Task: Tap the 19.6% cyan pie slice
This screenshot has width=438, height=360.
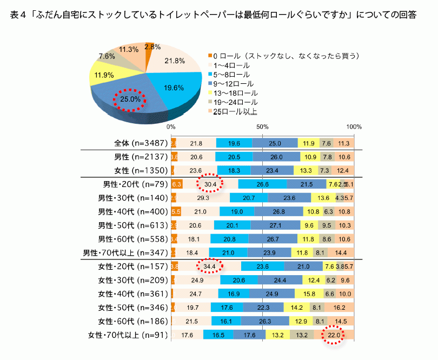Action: coord(174,87)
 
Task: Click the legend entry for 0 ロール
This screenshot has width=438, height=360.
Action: coord(284,55)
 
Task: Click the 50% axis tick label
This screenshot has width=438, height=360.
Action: coord(262,126)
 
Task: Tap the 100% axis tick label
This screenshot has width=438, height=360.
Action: coord(354,126)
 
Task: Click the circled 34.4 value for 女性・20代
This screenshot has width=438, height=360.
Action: coord(209,266)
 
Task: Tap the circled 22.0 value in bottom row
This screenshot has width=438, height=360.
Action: coord(334,335)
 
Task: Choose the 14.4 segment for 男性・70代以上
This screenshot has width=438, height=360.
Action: coord(341,252)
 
